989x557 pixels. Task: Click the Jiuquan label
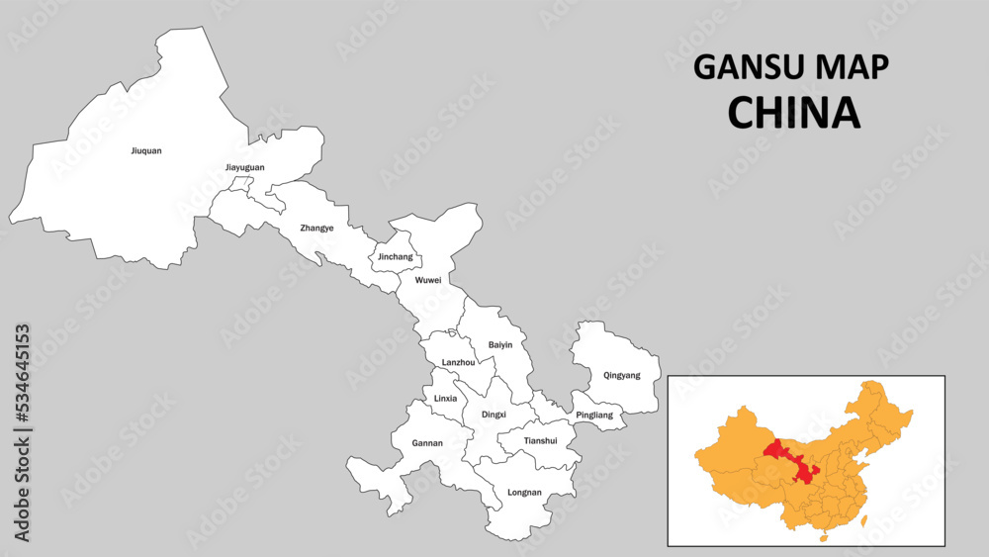145,151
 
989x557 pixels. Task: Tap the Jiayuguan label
244,167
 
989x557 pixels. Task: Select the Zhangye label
316,228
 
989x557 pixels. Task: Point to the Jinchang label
396,256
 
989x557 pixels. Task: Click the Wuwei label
428,280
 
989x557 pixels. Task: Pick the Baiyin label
499,344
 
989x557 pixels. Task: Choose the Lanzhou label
458,362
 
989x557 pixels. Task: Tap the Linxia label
445,398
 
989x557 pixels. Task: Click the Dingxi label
494,415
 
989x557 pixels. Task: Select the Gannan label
427,442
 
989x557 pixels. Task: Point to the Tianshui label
540,440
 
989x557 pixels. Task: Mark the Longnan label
523,492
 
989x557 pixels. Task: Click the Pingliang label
594,415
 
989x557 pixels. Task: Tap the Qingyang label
622,375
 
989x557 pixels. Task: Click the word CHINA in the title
793,113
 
